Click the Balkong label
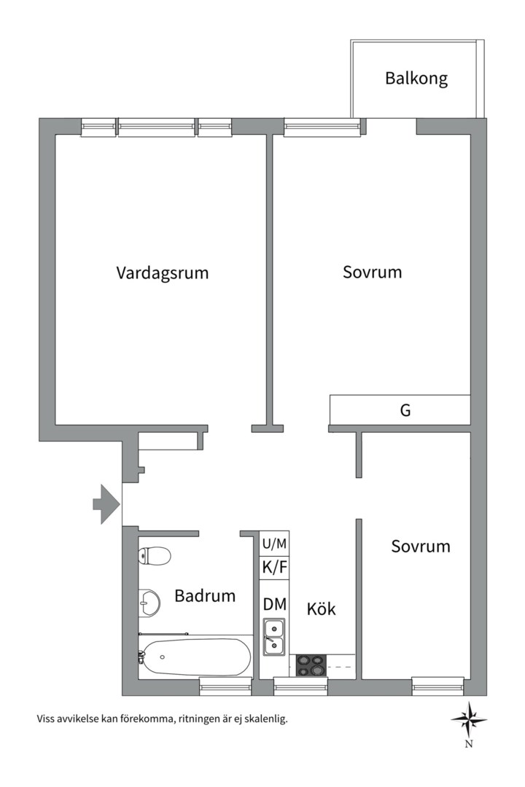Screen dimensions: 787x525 coord(416,78)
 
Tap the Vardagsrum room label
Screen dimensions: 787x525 coord(162,273)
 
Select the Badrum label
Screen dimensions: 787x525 coord(205,596)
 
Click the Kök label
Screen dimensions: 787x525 coord(321,608)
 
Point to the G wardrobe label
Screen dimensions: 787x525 coord(405,410)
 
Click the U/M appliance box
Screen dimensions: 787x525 coord(275,543)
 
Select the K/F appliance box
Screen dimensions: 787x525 coord(275,567)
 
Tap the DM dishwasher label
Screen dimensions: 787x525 coord(275,604)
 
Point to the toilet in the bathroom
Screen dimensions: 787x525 coord(155,556)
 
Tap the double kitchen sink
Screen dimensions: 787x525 coord(274,635)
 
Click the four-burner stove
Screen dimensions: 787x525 coord(311,665)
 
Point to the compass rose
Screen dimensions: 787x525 coord(469,719)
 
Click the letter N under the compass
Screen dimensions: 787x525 coord(469,744)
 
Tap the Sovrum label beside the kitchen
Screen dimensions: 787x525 coord(420,547)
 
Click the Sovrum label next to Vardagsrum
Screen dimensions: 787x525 coord(372,273)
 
